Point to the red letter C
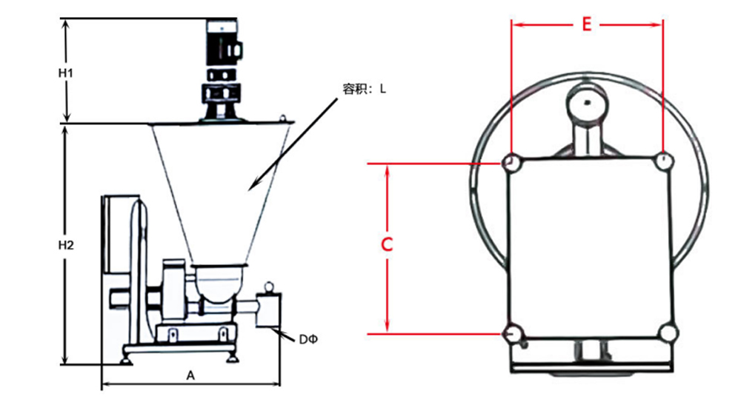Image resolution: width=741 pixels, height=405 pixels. coord(386,246)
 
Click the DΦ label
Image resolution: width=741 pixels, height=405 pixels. coord(308,339)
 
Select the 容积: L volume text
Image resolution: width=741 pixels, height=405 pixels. coord(364,89)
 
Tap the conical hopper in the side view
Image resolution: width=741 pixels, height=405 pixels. coord(220,185)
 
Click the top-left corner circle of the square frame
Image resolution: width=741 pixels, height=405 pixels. coord(510,161)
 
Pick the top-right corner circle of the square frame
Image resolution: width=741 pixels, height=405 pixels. coord(664,161)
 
